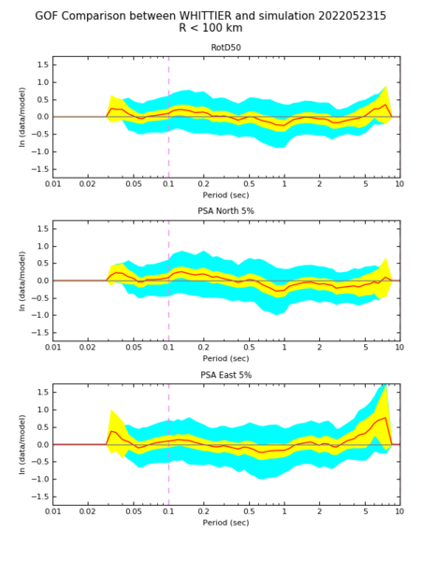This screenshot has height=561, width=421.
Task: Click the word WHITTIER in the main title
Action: point(206,16)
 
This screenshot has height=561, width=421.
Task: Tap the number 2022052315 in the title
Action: point(352,16)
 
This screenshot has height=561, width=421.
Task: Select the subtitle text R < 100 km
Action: point(210,27)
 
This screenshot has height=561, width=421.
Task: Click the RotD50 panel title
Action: point(225,48)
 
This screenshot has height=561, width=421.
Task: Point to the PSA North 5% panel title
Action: point(225,211)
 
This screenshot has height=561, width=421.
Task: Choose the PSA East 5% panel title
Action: point(225,375)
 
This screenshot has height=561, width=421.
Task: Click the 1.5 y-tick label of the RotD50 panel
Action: point(42,65)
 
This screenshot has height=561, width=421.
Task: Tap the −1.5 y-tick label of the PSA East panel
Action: point(39,497)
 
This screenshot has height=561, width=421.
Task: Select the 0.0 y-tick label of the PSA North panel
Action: point(42,280)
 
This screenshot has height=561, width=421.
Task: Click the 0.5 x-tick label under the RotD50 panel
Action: point(249,184)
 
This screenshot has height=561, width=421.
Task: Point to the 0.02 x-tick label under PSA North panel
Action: point(88,348)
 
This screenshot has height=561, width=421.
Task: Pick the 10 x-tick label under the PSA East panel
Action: point(399,511)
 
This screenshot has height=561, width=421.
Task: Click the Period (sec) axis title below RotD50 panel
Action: point(225,195)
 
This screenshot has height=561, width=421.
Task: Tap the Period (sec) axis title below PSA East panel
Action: point(225,523)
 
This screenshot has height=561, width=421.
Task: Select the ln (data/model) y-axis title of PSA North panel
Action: point(22,280)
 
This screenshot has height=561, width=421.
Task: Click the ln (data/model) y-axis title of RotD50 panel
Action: point(22,117)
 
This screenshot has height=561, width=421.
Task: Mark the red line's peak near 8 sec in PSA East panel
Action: point(385,418)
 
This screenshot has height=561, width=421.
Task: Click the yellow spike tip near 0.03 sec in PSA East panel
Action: point(111,410)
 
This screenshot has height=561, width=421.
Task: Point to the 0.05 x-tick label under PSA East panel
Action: point(134,511)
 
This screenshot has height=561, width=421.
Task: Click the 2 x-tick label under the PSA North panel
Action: point(319,348)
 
